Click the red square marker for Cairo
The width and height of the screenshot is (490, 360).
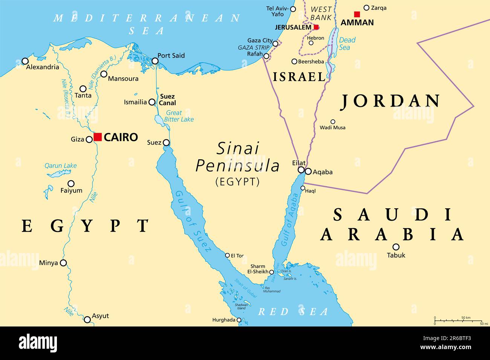[x=98, y=137]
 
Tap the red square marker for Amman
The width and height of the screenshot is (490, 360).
[x=357, y=14]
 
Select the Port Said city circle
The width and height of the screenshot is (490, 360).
[x=155, y=61]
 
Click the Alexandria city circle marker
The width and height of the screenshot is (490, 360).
[x=25, y=61]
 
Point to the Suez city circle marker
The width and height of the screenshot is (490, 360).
[x=166, y=143]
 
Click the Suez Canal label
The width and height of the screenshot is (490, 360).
[x=167, y=99]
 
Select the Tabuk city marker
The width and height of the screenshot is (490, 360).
[x=396, y=247]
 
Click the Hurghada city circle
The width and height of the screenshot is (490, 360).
[x=239, y=320]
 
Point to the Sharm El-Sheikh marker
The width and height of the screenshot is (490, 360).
[x=271, y=272]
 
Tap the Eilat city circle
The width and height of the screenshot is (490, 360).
[x=301, y=170]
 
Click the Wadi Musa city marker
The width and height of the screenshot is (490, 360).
[x=333, y=122]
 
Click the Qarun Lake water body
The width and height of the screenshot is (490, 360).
[x=59, y=174]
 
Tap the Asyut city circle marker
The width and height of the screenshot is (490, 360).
[x=87, y=319]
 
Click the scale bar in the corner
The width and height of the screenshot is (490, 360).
[x=458, y=321]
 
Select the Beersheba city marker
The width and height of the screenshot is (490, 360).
[x=294, y=61]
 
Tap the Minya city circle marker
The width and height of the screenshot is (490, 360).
[x=63, y=263]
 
